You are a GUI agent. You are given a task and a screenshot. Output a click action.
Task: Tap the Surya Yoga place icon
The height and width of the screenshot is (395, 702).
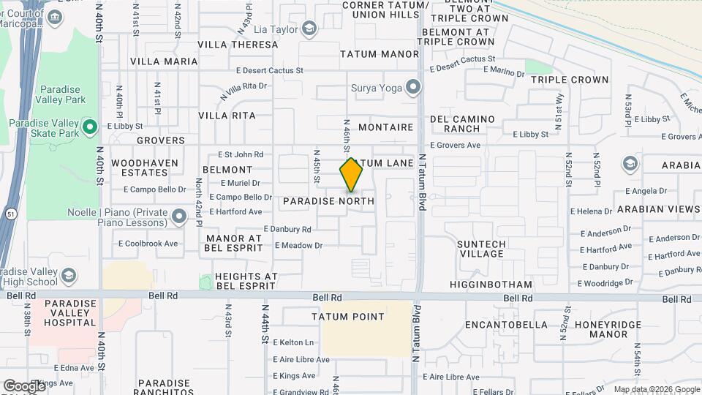(x=414, y=88)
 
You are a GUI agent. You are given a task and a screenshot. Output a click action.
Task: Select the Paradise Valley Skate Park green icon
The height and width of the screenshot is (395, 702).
(x=90, y=127)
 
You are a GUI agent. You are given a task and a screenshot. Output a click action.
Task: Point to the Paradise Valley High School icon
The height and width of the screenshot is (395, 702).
(x=69, y=275)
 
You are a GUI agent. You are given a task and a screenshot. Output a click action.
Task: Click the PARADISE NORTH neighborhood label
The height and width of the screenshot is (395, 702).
(x=328, y=200)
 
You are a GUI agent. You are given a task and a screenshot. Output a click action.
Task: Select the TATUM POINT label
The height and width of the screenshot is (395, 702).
(x=347, y=317)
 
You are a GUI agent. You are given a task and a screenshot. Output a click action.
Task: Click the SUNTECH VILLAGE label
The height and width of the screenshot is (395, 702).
(x=480, y=249)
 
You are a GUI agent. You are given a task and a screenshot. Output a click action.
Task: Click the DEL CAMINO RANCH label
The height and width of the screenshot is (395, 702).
(x=462, y=124)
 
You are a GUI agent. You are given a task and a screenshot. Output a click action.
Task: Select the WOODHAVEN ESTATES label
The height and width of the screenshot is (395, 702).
(x=140, y=168)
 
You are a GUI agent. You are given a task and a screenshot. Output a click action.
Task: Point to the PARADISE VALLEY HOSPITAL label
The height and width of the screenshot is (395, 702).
(x=70, y=312)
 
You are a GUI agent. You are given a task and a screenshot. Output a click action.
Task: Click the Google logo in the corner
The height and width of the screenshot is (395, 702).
(x=24, y=385)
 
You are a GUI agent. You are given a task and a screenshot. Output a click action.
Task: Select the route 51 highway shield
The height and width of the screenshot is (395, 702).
(x=7, y=213)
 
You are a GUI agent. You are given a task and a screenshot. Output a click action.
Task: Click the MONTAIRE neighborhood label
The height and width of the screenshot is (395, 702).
(x=386, y=127)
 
